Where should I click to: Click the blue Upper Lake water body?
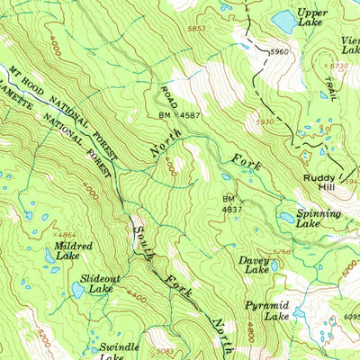[283, 20]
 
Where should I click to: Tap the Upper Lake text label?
[312, 18]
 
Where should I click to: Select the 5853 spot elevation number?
[196, 29]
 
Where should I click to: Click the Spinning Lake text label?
[320, 219]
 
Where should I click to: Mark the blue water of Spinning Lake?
[286, 217]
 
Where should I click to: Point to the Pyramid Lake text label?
[267, 311]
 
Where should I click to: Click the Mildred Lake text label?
[69, 250]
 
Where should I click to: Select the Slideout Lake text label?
[97, 284]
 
